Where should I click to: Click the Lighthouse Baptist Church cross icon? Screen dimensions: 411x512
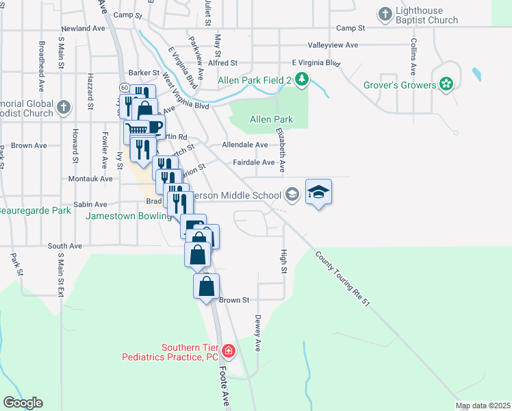(x=385, y=14)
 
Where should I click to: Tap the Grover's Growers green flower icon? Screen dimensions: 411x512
(x=447, y=85)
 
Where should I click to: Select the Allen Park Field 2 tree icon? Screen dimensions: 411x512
(x=302, y=81)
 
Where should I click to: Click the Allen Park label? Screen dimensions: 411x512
(x=271, y=119)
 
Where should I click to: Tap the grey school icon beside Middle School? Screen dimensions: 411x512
(x=292, y=195)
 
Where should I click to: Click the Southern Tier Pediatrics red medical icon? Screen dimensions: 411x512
(x=229, y=353)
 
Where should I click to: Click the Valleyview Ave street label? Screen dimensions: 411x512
(x=333, y=45)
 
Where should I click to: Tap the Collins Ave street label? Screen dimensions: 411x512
(x=414, y=55)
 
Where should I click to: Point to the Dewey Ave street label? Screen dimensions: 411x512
(x=259, y=333)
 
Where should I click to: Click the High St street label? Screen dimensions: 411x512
(x=283, y=260)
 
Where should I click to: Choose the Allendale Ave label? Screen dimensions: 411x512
(x=244, y=145)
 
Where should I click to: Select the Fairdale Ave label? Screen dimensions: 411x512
(x=253, y=163)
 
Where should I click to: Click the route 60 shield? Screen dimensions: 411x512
(x=124, y=87)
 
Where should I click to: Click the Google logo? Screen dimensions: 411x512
(x=23, y=403)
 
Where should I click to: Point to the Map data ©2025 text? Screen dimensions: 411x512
(x=483, y=406)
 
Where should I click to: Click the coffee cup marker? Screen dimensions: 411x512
(x=154, y=127)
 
